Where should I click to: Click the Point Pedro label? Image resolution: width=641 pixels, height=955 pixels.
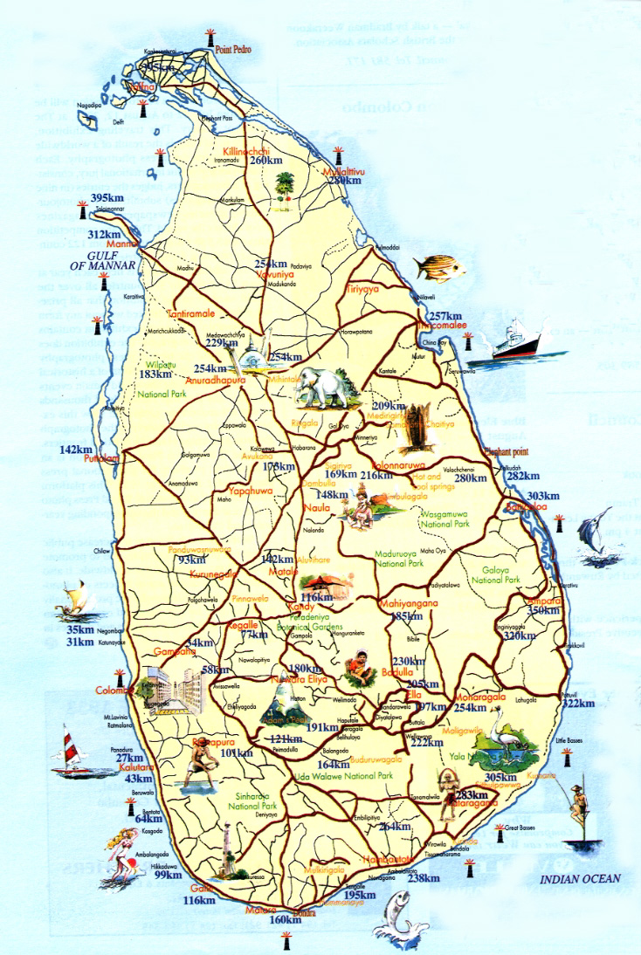coord(233,50)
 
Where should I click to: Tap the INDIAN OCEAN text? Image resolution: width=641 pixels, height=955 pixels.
coord(579,879)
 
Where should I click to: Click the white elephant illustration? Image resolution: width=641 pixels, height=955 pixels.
coord(327,388)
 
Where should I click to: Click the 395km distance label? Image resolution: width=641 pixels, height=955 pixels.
coord(107,197)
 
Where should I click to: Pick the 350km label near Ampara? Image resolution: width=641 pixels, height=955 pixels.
coord(542,610)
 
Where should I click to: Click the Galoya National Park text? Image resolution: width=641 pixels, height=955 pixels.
coord(495,574)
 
